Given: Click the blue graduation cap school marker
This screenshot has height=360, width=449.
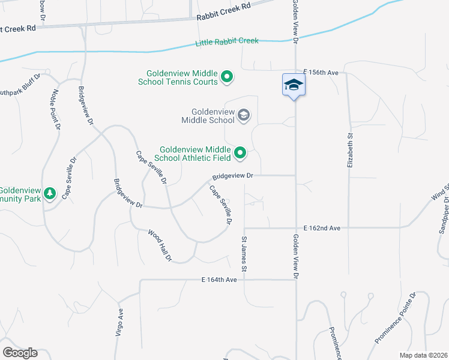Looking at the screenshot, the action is tap(294, 85).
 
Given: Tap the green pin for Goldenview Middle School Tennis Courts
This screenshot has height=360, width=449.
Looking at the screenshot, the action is tap(227, 77).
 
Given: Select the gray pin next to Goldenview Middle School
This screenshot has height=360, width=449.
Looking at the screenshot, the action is tap(244, 115).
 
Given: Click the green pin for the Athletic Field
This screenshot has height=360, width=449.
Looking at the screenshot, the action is tap(240, 154).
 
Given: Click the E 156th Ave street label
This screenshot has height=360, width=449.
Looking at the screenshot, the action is tap(321, 73).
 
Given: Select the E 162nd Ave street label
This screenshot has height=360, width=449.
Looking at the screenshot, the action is tap(322, 228).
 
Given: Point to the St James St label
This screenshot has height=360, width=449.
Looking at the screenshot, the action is tap(244, 254).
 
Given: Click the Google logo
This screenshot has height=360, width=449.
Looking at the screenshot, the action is tap(20, 353).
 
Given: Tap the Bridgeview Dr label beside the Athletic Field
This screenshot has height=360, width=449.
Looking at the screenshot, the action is tap(233, 176).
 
